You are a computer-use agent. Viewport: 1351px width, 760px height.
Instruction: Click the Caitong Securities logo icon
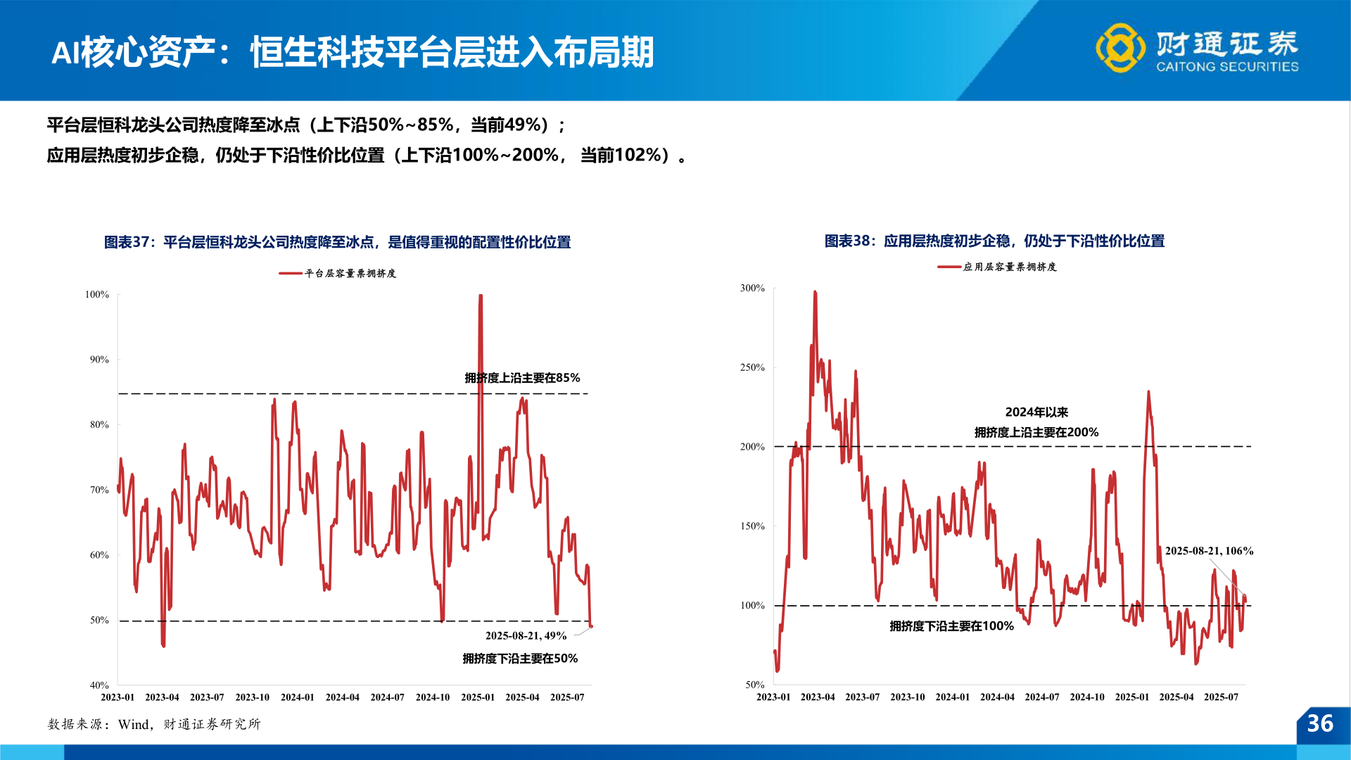[x=1120, y=48]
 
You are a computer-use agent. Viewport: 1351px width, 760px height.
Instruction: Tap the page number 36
[x=1320, y=723]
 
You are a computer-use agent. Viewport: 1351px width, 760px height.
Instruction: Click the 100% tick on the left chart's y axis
[x=97, y=294]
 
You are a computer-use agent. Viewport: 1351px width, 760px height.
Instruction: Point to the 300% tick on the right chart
[x=751, y=288]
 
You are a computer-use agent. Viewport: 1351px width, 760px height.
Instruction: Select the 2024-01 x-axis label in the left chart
[x=297, y=697]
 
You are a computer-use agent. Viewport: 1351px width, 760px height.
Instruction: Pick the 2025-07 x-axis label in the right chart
[x=1221, y=697]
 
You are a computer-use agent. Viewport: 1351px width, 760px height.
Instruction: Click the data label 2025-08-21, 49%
[x=526, y=635]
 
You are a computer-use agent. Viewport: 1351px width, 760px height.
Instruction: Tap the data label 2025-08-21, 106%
[x=1209, y=551]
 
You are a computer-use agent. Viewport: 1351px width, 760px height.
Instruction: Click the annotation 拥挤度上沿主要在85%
[x=522, y=378]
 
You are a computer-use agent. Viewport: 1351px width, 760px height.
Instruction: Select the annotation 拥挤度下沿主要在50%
[x=520, y=659]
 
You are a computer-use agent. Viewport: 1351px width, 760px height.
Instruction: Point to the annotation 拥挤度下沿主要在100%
[x=951, y=626]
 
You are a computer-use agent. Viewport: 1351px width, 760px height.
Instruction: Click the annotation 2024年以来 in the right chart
[x=1036, y=412]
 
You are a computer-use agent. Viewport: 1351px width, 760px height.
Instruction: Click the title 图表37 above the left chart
[x=337, y=242]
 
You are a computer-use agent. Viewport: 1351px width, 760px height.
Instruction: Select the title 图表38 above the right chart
[x=994, y=241]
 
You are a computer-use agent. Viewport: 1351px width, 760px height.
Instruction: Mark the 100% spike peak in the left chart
[x=481, y=296]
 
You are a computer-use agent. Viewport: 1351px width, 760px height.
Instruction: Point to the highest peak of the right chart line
[x=815, y=292]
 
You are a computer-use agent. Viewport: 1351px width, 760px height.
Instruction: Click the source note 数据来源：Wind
[x=153, y=724]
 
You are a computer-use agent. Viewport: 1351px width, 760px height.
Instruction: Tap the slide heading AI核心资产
[x=352, y=52]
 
